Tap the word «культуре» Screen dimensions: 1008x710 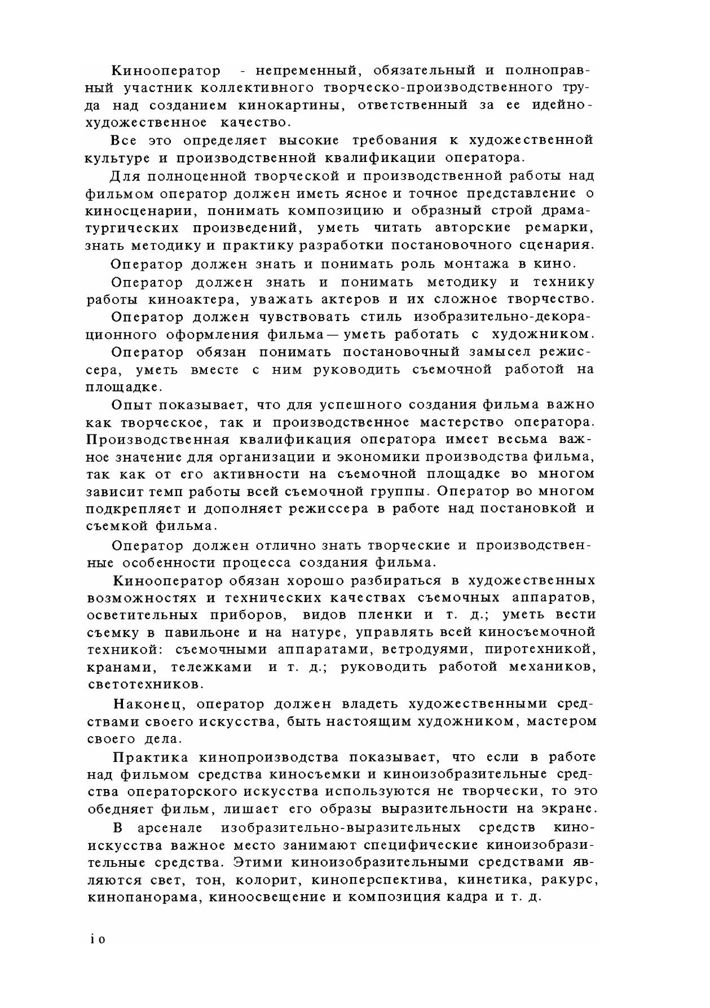click(x=113, y=157)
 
